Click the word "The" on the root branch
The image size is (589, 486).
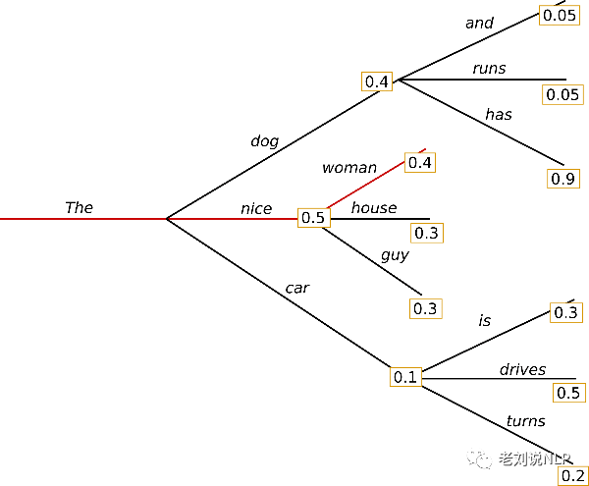(x=79, y=207)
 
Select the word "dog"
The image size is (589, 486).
(x=265, y=141)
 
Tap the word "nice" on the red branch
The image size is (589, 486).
(x=256, y=209)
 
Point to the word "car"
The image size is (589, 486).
(x=297, y=288)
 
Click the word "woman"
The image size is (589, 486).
(x=349, y=168)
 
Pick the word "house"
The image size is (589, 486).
(x=374, y=208)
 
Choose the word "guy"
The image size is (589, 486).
(x=395, y=255)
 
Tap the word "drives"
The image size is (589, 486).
(x=522, y=369)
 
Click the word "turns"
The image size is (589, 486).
(x=526, y=421)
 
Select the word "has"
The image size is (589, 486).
(x=499, y=114)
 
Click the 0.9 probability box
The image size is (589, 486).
(x=563, y=179)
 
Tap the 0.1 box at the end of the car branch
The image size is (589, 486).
(x=405, y=377)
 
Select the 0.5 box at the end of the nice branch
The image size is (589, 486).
(x=314, y=217)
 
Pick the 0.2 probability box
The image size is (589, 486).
(x=573, y=475)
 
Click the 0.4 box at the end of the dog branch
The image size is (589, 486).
(x=377, y=81)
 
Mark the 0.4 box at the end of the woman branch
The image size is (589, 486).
(x=420, y=163)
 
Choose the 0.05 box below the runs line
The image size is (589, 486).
(x=562, y=94)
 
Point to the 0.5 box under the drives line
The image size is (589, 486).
(x=568, y=393)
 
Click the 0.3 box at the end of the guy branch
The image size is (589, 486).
(x=426, y=308)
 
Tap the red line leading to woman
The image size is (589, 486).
(x=365, y=185)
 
